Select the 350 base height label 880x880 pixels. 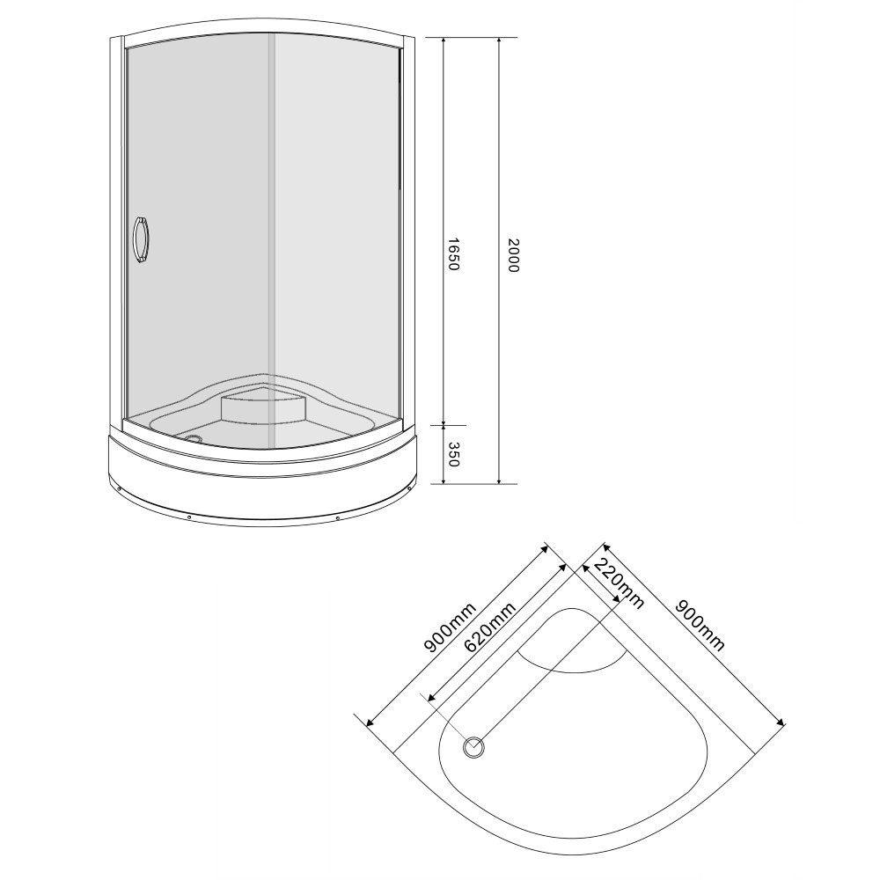coord(454,454)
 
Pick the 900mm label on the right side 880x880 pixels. coord(700,625)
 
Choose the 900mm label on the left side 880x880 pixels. coord(450,628)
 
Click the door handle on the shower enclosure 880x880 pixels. coord(141,239)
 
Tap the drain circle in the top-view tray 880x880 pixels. coord(473,747)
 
